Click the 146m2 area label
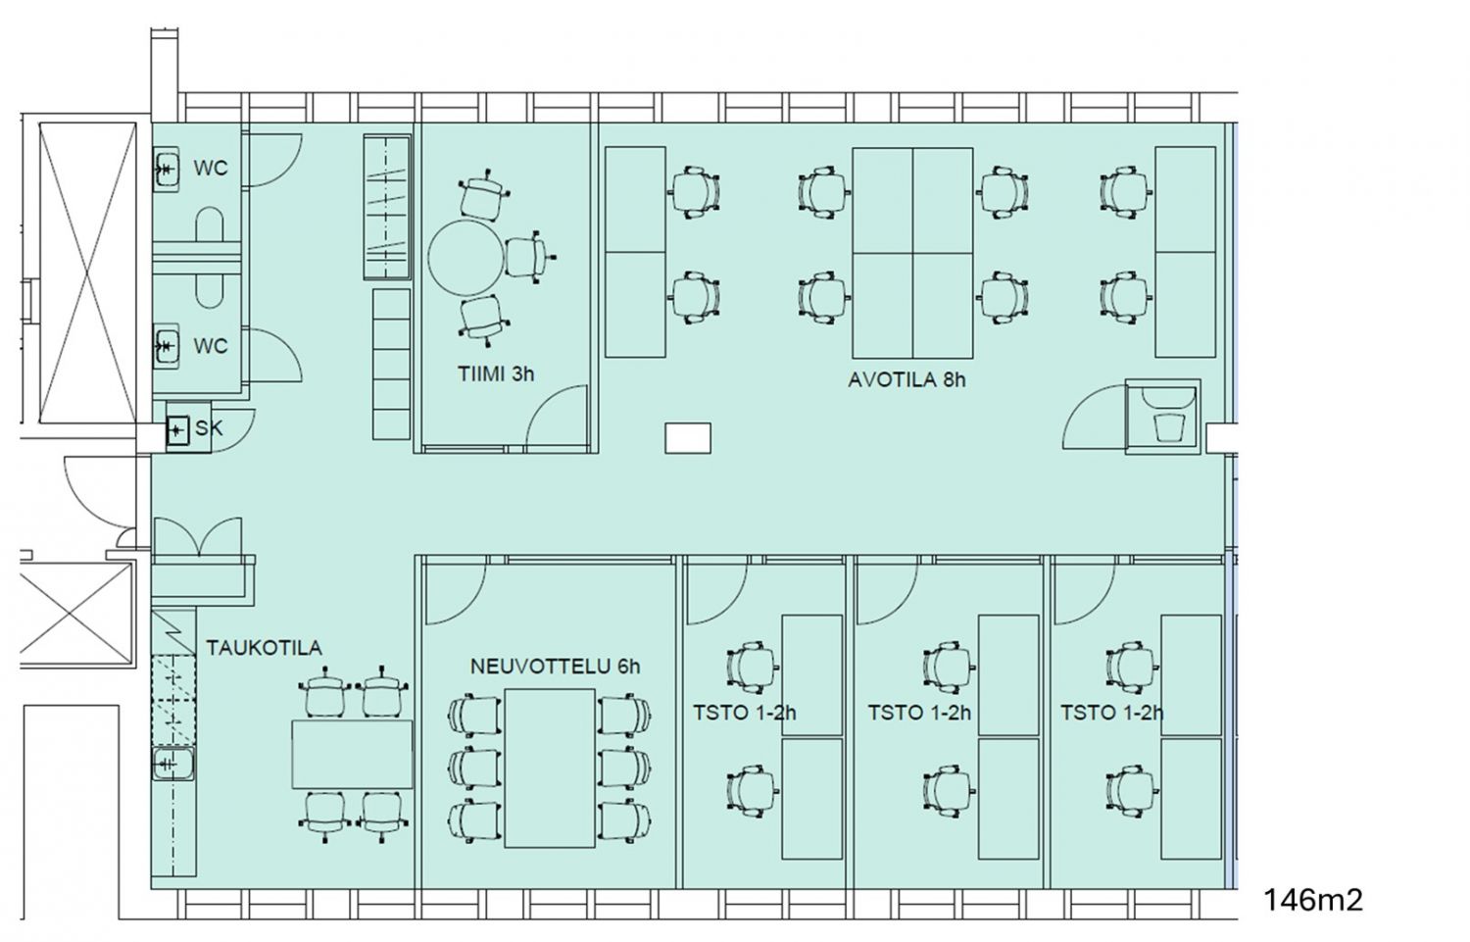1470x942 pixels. tap(1312, 900)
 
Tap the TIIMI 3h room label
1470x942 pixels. tap(496, 374)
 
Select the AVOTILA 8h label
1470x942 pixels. tap(906, 380)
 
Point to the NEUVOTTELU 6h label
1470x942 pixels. tap(556, 667)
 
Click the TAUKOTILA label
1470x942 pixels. tap(265, 648)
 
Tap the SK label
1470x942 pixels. tap(209, 428)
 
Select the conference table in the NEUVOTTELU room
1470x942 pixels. tap(550, 768)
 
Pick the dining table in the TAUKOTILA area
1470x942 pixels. tap(353, 754)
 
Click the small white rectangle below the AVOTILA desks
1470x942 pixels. tap(688, 438)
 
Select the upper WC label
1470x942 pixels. tap(211, 168)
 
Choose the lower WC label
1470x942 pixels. tap(211, 346)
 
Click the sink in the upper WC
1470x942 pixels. tap(167, 170)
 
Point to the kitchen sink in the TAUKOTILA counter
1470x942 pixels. tap(173, 764)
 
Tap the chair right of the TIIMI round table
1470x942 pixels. tap(529, 258)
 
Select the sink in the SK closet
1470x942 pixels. tap(177, 431)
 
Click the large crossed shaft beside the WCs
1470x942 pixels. tap(87, 273)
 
